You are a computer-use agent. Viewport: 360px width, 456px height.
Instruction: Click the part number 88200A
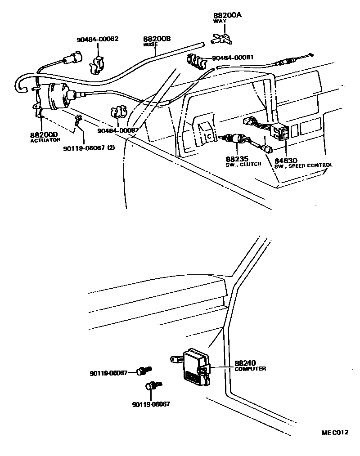point(227,15)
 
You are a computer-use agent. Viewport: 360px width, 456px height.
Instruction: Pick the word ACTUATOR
point(45,140)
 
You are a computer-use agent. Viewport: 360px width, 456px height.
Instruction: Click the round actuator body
point(55,97)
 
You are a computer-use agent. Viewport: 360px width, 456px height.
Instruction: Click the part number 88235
point(236,159)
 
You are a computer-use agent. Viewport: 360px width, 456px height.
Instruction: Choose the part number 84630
point(286,160)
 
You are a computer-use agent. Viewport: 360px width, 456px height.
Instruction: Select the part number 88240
point(245,363)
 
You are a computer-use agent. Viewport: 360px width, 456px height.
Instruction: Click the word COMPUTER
point(250,369)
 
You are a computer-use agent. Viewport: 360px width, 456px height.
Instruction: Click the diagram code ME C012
point(335,433)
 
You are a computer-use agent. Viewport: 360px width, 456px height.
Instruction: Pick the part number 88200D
point(44,134)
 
